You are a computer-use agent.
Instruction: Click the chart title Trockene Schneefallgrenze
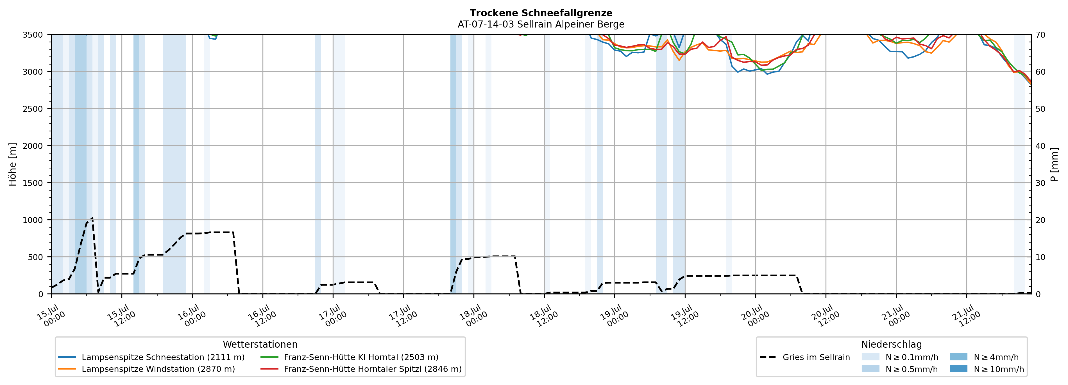[x=541, y=13]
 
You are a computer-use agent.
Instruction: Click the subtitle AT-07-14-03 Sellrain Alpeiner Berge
[x=541, y=24]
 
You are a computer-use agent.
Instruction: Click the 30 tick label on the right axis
[x=1040, y=183]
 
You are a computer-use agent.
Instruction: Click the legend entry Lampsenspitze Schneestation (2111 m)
[x=151, y=357]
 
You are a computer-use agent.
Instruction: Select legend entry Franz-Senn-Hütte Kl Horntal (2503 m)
[x=349, y=357]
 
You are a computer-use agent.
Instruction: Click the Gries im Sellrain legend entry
[x=805, y=357]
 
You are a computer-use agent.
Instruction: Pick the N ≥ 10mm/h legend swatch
[x=958, y=369]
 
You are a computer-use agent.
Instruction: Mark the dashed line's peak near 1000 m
[x=92, y=218]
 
